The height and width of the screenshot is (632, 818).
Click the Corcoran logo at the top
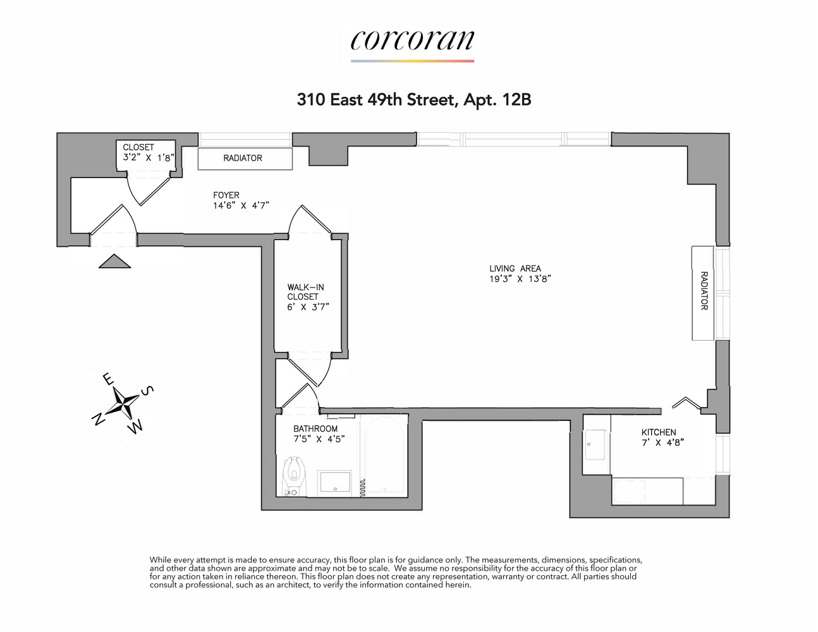(412, 42)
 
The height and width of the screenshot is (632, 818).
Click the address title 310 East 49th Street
(413, 100)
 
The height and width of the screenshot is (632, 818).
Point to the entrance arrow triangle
(114, 262)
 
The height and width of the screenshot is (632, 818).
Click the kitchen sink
(594, 444)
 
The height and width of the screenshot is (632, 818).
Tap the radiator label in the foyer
(243, 159)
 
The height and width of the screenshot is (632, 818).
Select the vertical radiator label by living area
(703, 291)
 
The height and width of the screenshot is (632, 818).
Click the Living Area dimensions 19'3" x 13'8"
(520, 279)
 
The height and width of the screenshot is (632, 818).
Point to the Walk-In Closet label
(305, 292)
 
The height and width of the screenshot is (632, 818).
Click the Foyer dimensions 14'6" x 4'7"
(241, 205)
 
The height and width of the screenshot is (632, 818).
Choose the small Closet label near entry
(138, 147)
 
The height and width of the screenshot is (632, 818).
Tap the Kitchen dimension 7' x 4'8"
(662, 442)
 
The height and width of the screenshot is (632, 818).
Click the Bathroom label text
(315, 428)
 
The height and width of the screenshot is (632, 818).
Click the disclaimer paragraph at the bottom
(396, 573)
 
